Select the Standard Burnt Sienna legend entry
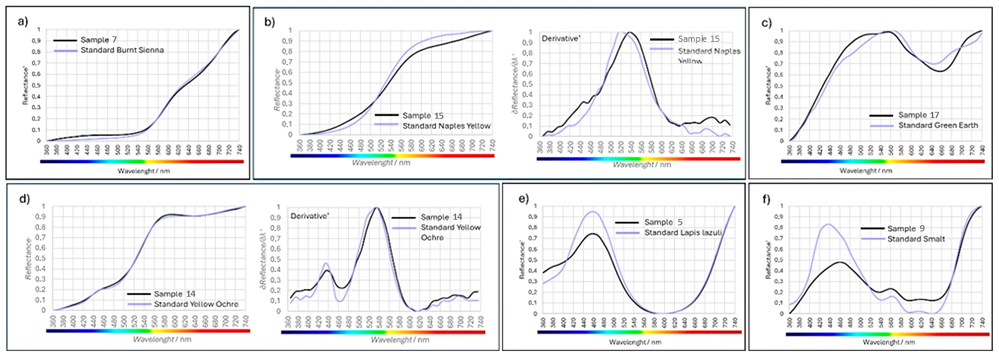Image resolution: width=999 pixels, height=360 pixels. [122, 50]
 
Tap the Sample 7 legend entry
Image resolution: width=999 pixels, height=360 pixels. [99, 40]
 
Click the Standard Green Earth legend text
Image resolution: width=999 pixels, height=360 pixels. [938, 125]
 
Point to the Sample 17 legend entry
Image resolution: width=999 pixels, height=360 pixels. [918, 115]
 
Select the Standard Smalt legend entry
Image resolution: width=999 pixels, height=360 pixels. [916, 239]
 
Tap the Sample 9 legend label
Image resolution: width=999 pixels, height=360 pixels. [906, 228]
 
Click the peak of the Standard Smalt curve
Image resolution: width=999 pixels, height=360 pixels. [828, 224]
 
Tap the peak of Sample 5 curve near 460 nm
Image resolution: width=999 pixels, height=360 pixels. [592, 233]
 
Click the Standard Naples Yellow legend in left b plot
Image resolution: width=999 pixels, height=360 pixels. [446, 126]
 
